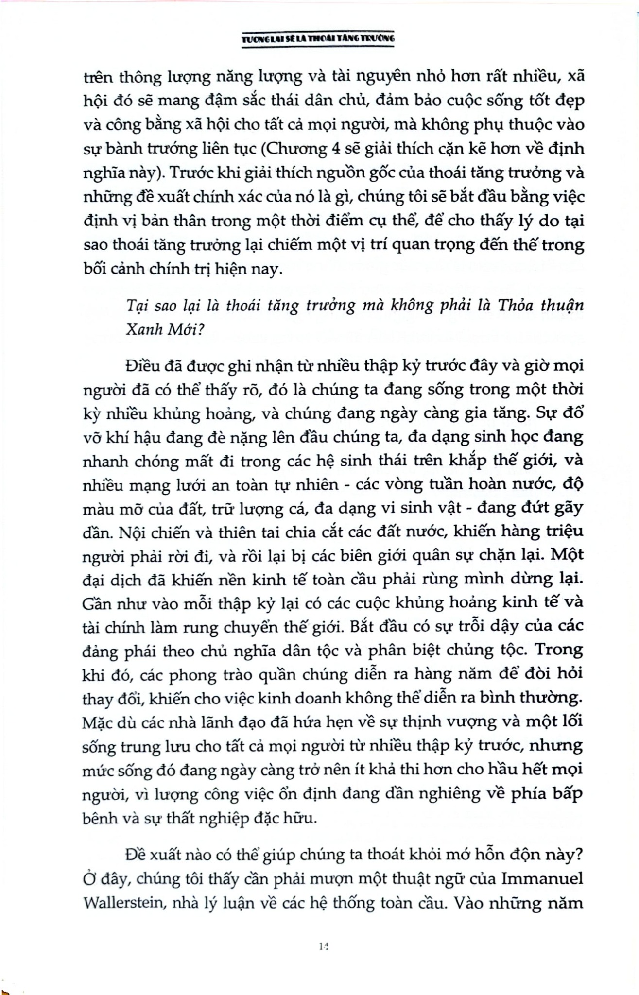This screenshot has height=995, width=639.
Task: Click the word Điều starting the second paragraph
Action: tap(144, 365)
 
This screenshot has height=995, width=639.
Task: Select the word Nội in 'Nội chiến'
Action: tap(130, 532)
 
